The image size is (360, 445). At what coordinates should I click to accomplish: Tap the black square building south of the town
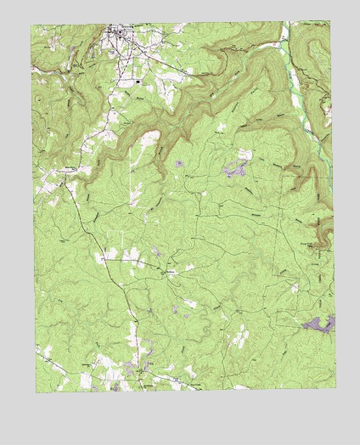[138, 82]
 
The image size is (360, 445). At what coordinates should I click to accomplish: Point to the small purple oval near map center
[179, 164]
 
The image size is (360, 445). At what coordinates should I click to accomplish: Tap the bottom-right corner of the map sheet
[335, 387]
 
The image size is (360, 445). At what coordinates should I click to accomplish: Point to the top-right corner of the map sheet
[330, 22]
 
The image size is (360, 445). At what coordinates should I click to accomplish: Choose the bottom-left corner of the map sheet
[36, 392]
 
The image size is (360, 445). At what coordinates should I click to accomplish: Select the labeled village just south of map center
[165, 273]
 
